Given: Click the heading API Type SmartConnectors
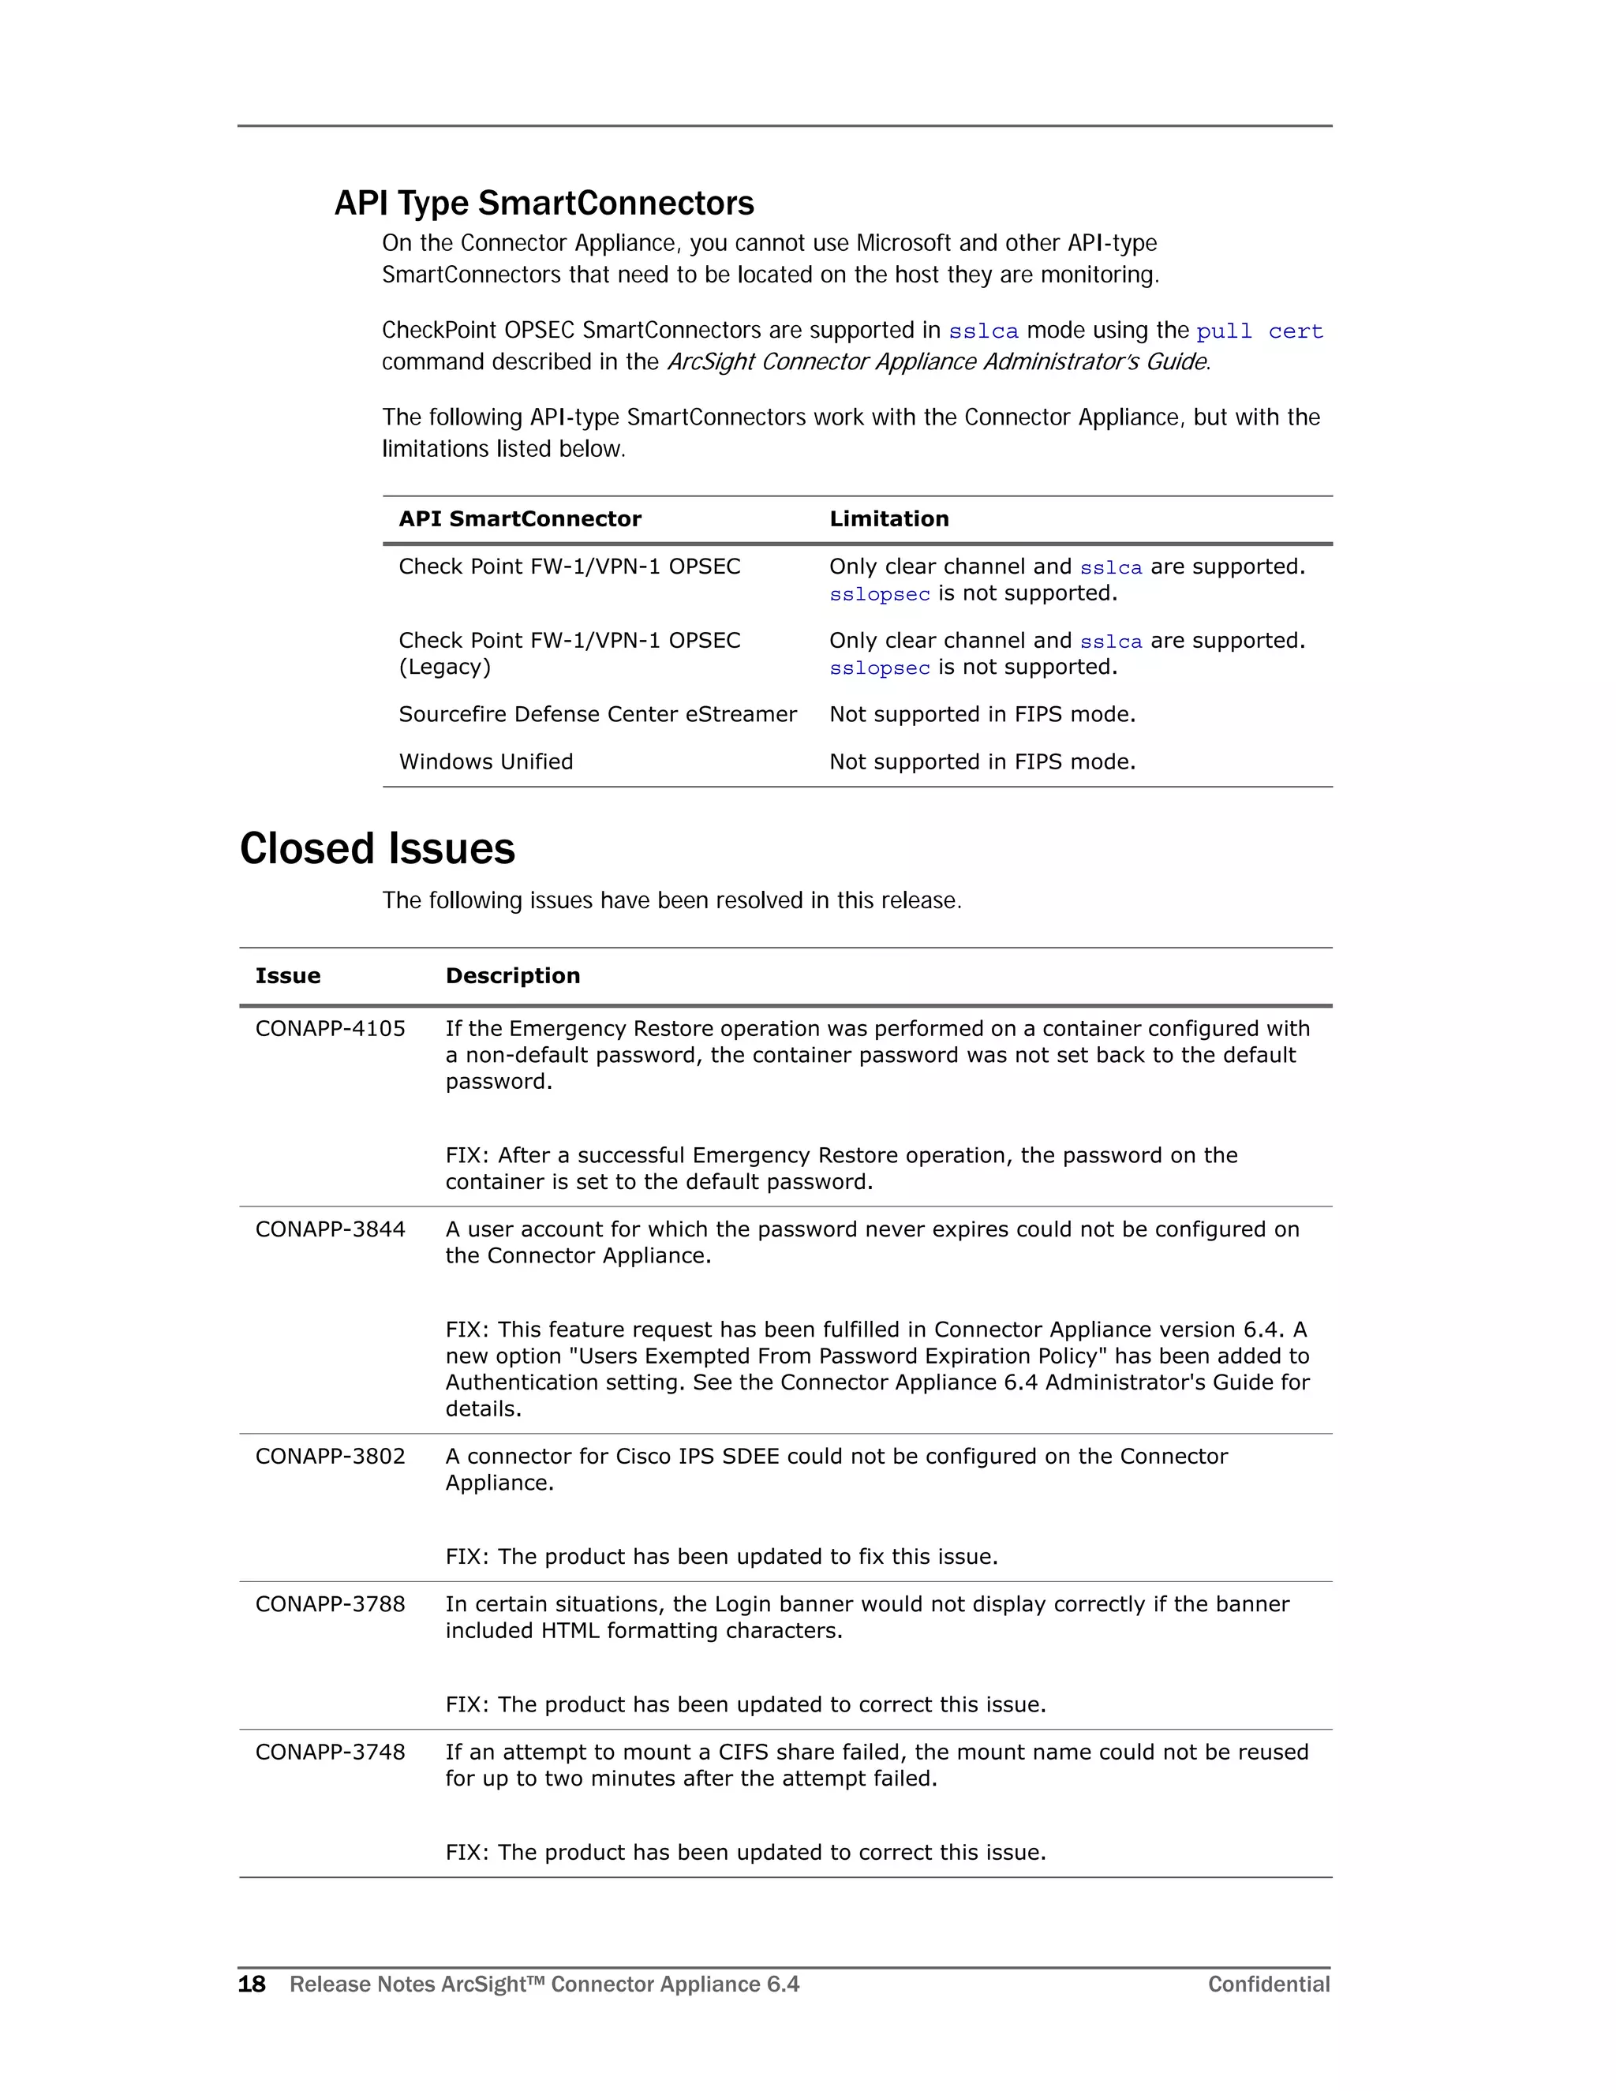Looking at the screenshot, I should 544,204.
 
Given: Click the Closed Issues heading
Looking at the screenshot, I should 377,848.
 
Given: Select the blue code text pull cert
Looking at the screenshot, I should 1259,331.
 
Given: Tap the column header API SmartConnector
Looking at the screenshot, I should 520,519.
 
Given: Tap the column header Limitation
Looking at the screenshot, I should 888,519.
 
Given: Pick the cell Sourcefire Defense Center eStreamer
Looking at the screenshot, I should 597,714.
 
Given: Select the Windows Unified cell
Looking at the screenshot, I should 485,762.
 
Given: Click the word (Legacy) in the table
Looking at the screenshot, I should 444,668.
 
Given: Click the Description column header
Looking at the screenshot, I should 512,975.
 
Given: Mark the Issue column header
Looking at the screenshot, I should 287,975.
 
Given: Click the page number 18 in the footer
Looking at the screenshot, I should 252,1984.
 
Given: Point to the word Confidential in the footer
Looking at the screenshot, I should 1269,1984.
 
